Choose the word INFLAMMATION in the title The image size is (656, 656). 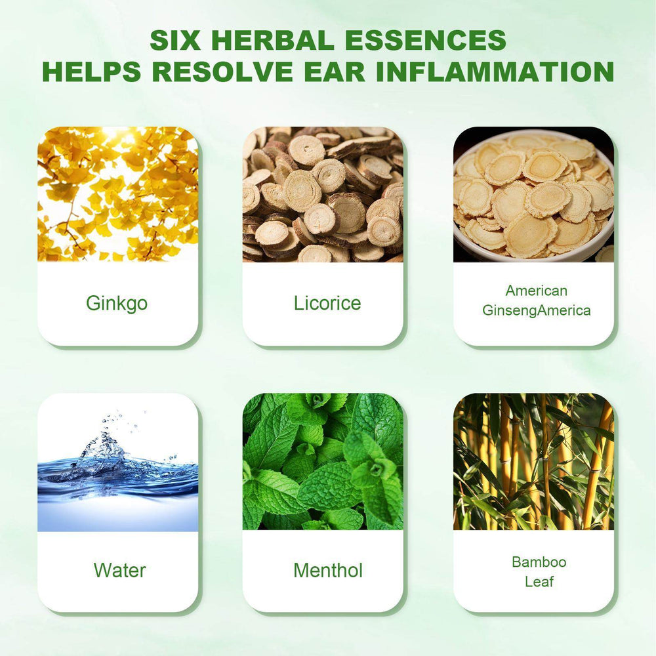[x=495, y=72]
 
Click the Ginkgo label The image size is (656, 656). [x=117, y=303]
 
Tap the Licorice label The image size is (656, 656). [x=327, y=303]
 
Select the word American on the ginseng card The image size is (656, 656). [x=537, y=291]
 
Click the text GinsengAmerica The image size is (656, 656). [x=537, y=310]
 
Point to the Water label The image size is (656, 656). [x=119, y=570]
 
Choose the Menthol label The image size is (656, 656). [x=328, y=570]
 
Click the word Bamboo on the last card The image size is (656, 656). [x=539, y=562]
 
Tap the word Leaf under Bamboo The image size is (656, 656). [x=539, y=581]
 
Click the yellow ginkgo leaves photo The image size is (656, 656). [x=117, y=194]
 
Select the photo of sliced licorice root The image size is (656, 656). [x=323, y=194]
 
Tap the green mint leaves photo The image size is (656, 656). [x=323, y=461]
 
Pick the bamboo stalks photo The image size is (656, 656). [x=534, y=461]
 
